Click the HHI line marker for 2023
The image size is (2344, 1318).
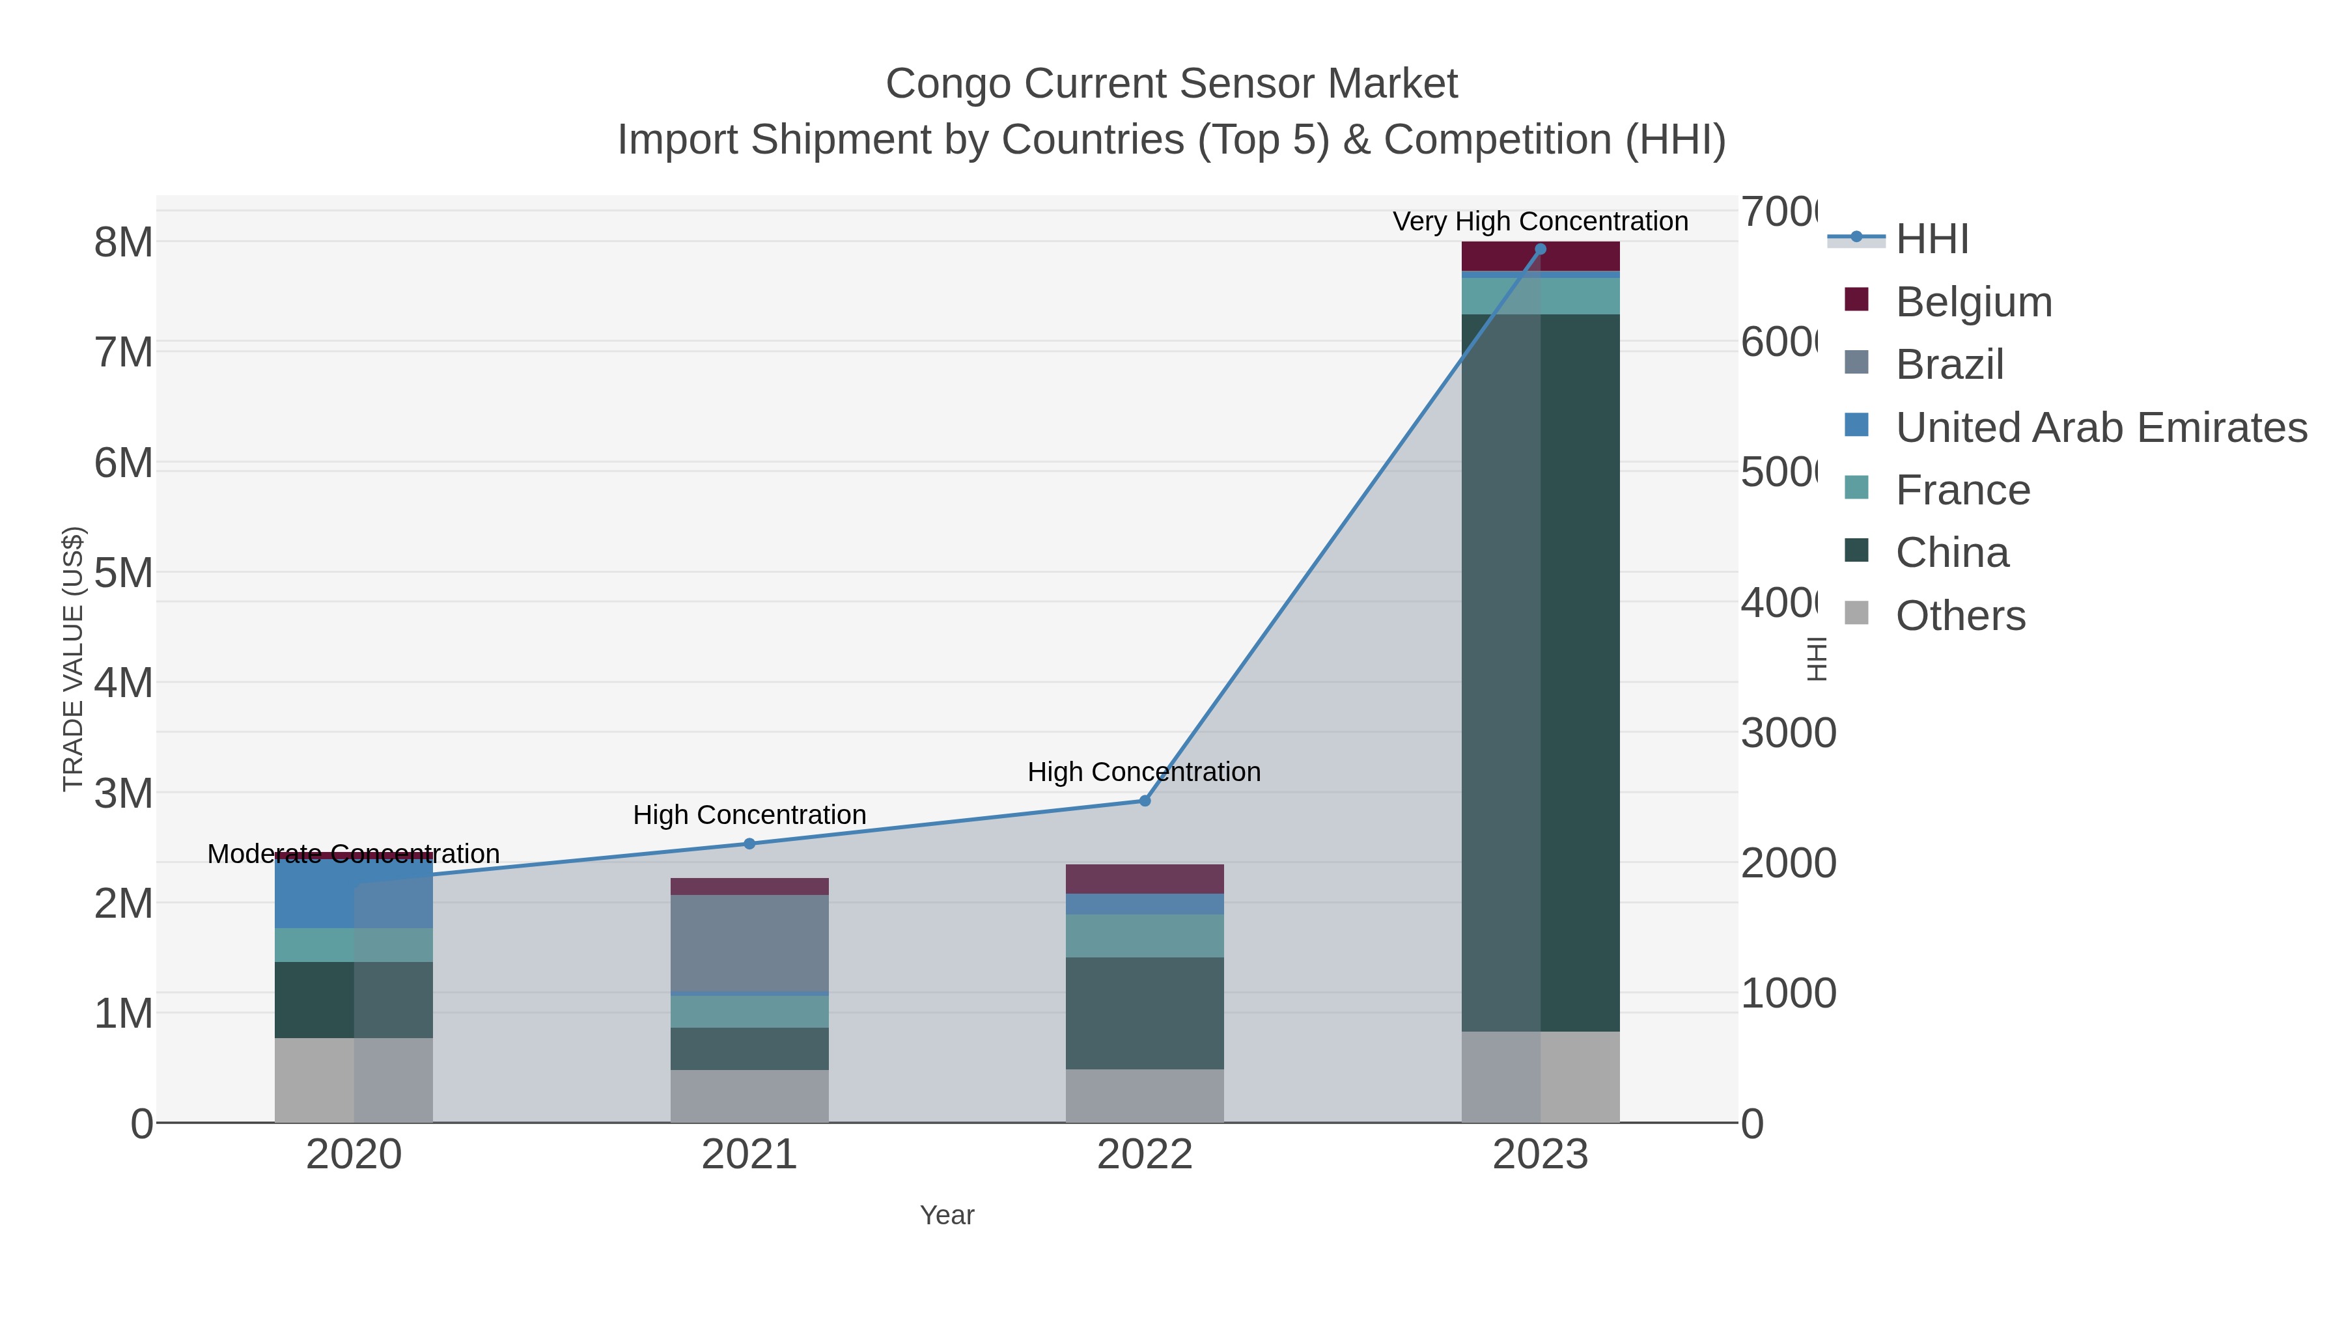coord(1541,249)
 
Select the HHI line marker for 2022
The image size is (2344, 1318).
coord(1145,801)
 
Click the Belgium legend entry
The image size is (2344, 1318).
coord(1973,302)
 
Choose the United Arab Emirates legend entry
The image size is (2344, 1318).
coord(2100,428)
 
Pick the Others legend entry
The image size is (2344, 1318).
coord(1960,616)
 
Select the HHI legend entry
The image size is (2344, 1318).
coord(1931,240)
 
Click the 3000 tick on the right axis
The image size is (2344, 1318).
coord(1788,733)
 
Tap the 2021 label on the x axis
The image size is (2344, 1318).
coord(749,1154)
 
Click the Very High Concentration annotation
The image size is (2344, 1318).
coord(1540,221)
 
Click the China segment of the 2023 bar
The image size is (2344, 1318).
coord(1580,673)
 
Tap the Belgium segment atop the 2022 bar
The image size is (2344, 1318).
coord(1145,879)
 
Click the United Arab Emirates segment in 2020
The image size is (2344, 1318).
coord(314,893)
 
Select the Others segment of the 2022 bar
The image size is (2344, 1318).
coord(1145,1095)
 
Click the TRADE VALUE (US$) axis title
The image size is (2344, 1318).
coord(73,659)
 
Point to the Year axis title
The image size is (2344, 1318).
coord(946,1215)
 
